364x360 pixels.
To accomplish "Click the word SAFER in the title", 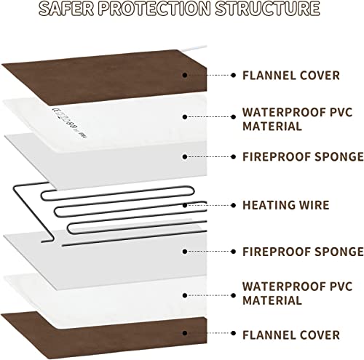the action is click(66, 9).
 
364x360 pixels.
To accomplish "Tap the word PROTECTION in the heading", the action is click(154, 9).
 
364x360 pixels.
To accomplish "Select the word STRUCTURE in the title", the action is click(268, 9).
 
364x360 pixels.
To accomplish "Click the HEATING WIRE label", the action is click(286, 205).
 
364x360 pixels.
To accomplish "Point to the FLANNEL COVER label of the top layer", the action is click(291, 76).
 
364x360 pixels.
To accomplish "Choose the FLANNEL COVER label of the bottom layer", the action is click(291, 335).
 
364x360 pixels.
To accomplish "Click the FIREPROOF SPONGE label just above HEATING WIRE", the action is click(303, 156).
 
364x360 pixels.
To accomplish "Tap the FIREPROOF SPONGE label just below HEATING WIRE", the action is click(303, 252).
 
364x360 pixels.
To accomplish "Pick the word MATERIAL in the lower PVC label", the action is click(272, 300).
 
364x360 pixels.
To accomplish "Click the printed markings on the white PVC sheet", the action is click(69, 123).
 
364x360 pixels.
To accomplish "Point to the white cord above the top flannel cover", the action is click(193, 48).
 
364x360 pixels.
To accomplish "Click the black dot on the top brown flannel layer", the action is click(185, 75).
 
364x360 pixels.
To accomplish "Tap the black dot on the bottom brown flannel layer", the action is click(185, 333).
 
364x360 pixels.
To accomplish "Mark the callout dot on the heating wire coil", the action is click(185, 205).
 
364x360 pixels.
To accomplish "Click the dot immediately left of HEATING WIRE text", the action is click(234, 205).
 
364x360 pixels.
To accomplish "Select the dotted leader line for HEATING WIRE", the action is click(209, 205).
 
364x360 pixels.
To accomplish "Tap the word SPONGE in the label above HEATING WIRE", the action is click(339, 156).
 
